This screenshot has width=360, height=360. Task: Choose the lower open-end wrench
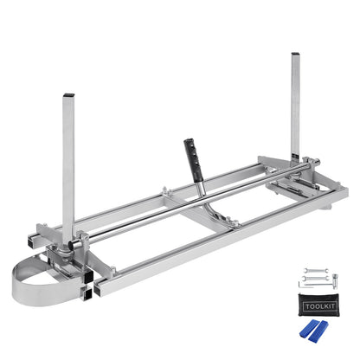pos(313,282)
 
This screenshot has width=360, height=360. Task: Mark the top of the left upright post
pos(67,97)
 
